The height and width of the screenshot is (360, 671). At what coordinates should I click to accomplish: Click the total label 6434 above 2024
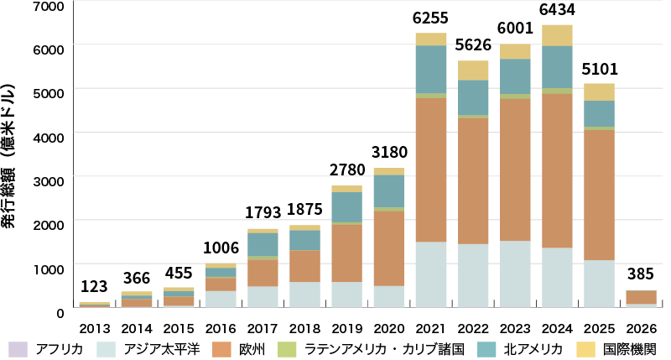click(x=557, y=10)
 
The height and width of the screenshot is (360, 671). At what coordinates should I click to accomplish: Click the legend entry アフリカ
click(x=50, y=348)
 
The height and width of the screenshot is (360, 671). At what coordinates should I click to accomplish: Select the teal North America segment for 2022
click(x=473, y=97)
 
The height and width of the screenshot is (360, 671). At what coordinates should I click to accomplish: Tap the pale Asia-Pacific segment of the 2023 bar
click(x=515, y=274)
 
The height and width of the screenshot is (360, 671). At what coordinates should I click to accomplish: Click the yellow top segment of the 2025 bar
click(x=599, y=91)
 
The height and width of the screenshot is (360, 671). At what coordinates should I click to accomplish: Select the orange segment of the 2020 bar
click(x=389, y=248)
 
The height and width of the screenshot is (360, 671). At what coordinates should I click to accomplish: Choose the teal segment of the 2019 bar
click(x=347, y=207)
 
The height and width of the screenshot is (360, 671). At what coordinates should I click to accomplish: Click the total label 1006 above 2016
click(x=221, y=248)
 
